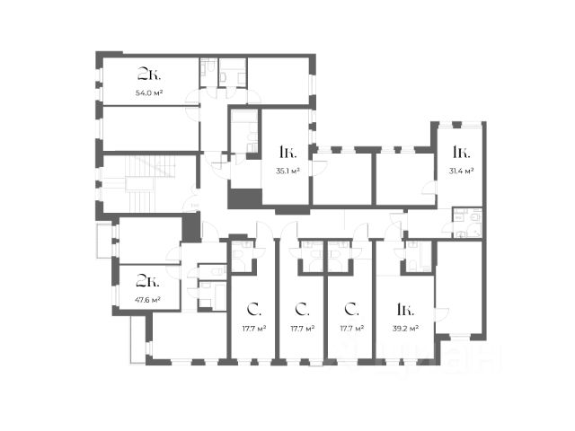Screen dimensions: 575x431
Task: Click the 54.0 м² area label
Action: click(149, 93)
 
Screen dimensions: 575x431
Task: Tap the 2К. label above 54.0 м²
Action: click(149, 75)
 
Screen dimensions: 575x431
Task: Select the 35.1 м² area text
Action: click(287, 171)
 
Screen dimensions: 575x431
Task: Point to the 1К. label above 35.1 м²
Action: click(287, 152)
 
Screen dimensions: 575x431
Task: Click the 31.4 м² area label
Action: click(461, 171)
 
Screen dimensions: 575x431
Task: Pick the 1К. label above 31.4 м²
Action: click(461, 152)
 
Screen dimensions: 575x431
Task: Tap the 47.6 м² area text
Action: click(148, 300)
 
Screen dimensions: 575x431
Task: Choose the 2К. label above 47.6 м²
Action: click(147, 281)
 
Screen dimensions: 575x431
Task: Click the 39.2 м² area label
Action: click(405, 329)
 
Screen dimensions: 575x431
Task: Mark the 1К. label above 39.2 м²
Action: click(405, 310)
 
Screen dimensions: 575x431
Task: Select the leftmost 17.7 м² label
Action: click(254, 329)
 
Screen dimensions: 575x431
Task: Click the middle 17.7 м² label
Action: click(303, 329)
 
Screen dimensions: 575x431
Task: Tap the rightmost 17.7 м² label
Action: click(352, 329)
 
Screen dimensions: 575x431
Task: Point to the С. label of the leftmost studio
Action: click(254, 310)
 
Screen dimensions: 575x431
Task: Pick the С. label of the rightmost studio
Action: click(352, 310)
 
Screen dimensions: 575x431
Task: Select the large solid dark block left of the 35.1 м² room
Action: click(244, 198)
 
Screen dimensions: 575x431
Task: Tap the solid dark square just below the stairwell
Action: click(191, 227)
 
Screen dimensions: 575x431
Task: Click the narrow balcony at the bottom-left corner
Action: click(137, 339)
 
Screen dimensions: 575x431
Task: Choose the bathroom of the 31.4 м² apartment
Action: click(467, 223)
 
